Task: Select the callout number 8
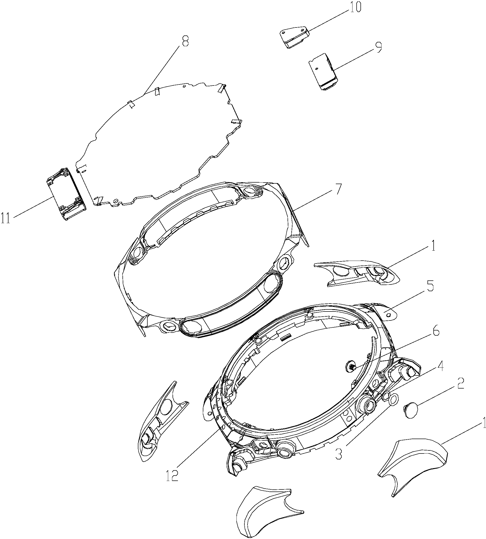tap(185, 41)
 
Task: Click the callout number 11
tap(6, 218)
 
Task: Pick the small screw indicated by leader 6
tap(350, 367)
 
